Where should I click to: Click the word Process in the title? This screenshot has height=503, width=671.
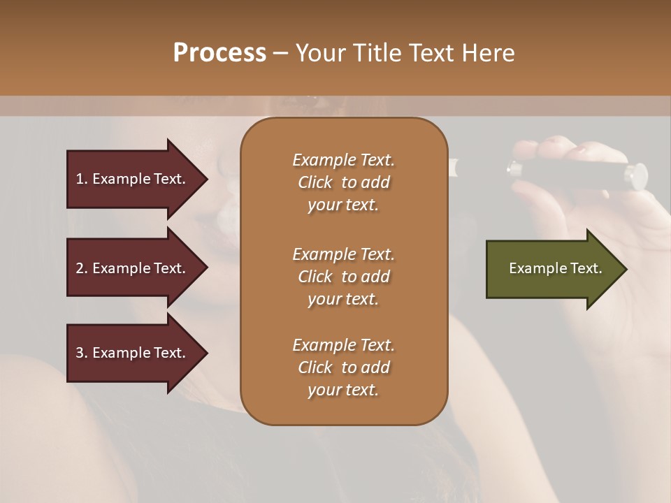click(x=219, y=53)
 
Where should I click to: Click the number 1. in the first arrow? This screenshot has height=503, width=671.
click(x=82, y=179)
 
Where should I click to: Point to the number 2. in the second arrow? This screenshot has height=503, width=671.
click(x=82, y=268)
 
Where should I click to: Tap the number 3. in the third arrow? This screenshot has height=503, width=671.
click(x=82, y=353)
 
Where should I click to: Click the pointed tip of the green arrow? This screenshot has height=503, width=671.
click(x=624, y=269)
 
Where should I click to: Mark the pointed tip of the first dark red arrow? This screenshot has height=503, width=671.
click(x=205, y=179)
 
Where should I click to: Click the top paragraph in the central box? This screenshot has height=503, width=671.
click(x=343, y=182)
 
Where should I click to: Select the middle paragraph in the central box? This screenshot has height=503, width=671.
click(x=343, y=276)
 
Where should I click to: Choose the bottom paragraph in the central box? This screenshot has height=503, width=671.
click(x=343, y=367)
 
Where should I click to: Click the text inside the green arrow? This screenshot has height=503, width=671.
click(x=555, y=268)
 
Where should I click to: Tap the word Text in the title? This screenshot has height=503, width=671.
click(x=431, y=53)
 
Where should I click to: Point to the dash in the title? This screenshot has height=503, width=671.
click(x=281, y=54)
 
